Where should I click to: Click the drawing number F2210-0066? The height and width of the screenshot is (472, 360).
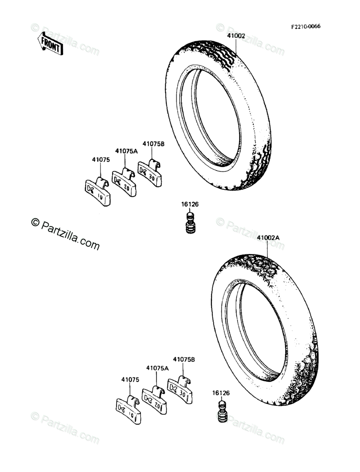coord(306,27)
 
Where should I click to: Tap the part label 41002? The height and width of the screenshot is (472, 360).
coord(236,36)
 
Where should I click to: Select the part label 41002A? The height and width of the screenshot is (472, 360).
coord(268,237)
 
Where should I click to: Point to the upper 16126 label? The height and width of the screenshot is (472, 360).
coord(190,204)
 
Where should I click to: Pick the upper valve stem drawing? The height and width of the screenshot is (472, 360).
coord(190,224)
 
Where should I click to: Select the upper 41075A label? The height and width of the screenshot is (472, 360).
coord(126,151)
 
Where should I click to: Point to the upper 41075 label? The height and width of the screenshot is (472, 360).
coord(101,159)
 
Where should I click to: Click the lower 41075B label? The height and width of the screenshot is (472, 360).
coord(184,359)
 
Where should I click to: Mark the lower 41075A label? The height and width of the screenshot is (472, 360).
coord(157,368)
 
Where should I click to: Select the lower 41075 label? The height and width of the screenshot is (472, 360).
coord(130,379)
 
